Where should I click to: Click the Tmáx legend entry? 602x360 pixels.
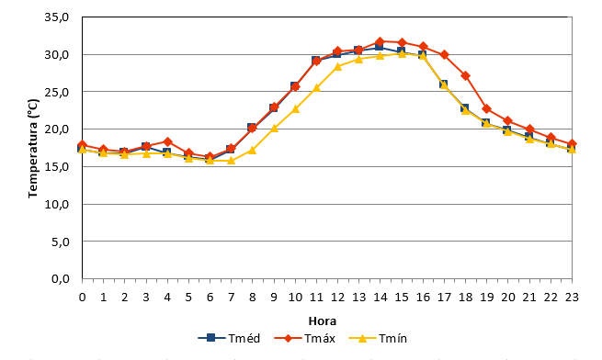click(x=305, y=338)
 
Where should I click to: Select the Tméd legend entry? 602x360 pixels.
click(x=229, y=338)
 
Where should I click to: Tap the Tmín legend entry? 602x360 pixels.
click(x=378, y=338)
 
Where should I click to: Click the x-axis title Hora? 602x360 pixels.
click(x=322, y=321)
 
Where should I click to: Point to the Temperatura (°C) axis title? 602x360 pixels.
click(x=33, y=149)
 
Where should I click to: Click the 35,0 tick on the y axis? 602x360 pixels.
click(x=57, y=17)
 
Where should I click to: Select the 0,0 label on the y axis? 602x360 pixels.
click(x=61, y=278)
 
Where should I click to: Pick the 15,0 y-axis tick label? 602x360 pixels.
click(x=57, y=166)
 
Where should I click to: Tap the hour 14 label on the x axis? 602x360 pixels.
click(x=381, y=298)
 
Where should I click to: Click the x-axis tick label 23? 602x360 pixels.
click(x=572, y=298)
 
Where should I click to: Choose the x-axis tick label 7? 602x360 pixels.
click(x=231, y=298)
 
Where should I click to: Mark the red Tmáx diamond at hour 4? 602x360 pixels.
click(x=167, y=142)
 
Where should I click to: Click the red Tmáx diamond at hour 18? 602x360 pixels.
click(x=466, y=76)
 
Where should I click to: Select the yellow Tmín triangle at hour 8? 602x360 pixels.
click(x=252, y=150)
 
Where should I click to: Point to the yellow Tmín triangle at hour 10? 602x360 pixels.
click(x=295, y=109)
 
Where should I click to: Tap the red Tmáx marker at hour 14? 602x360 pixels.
click(x=381, y=41)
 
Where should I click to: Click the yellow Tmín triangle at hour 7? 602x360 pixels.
click(x=231, y=161)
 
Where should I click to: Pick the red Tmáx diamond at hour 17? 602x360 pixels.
click(x=444, y=55)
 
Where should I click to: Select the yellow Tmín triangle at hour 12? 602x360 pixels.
click(x=338, y=67)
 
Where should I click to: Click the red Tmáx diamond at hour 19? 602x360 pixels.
click(x=487, y=109)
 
